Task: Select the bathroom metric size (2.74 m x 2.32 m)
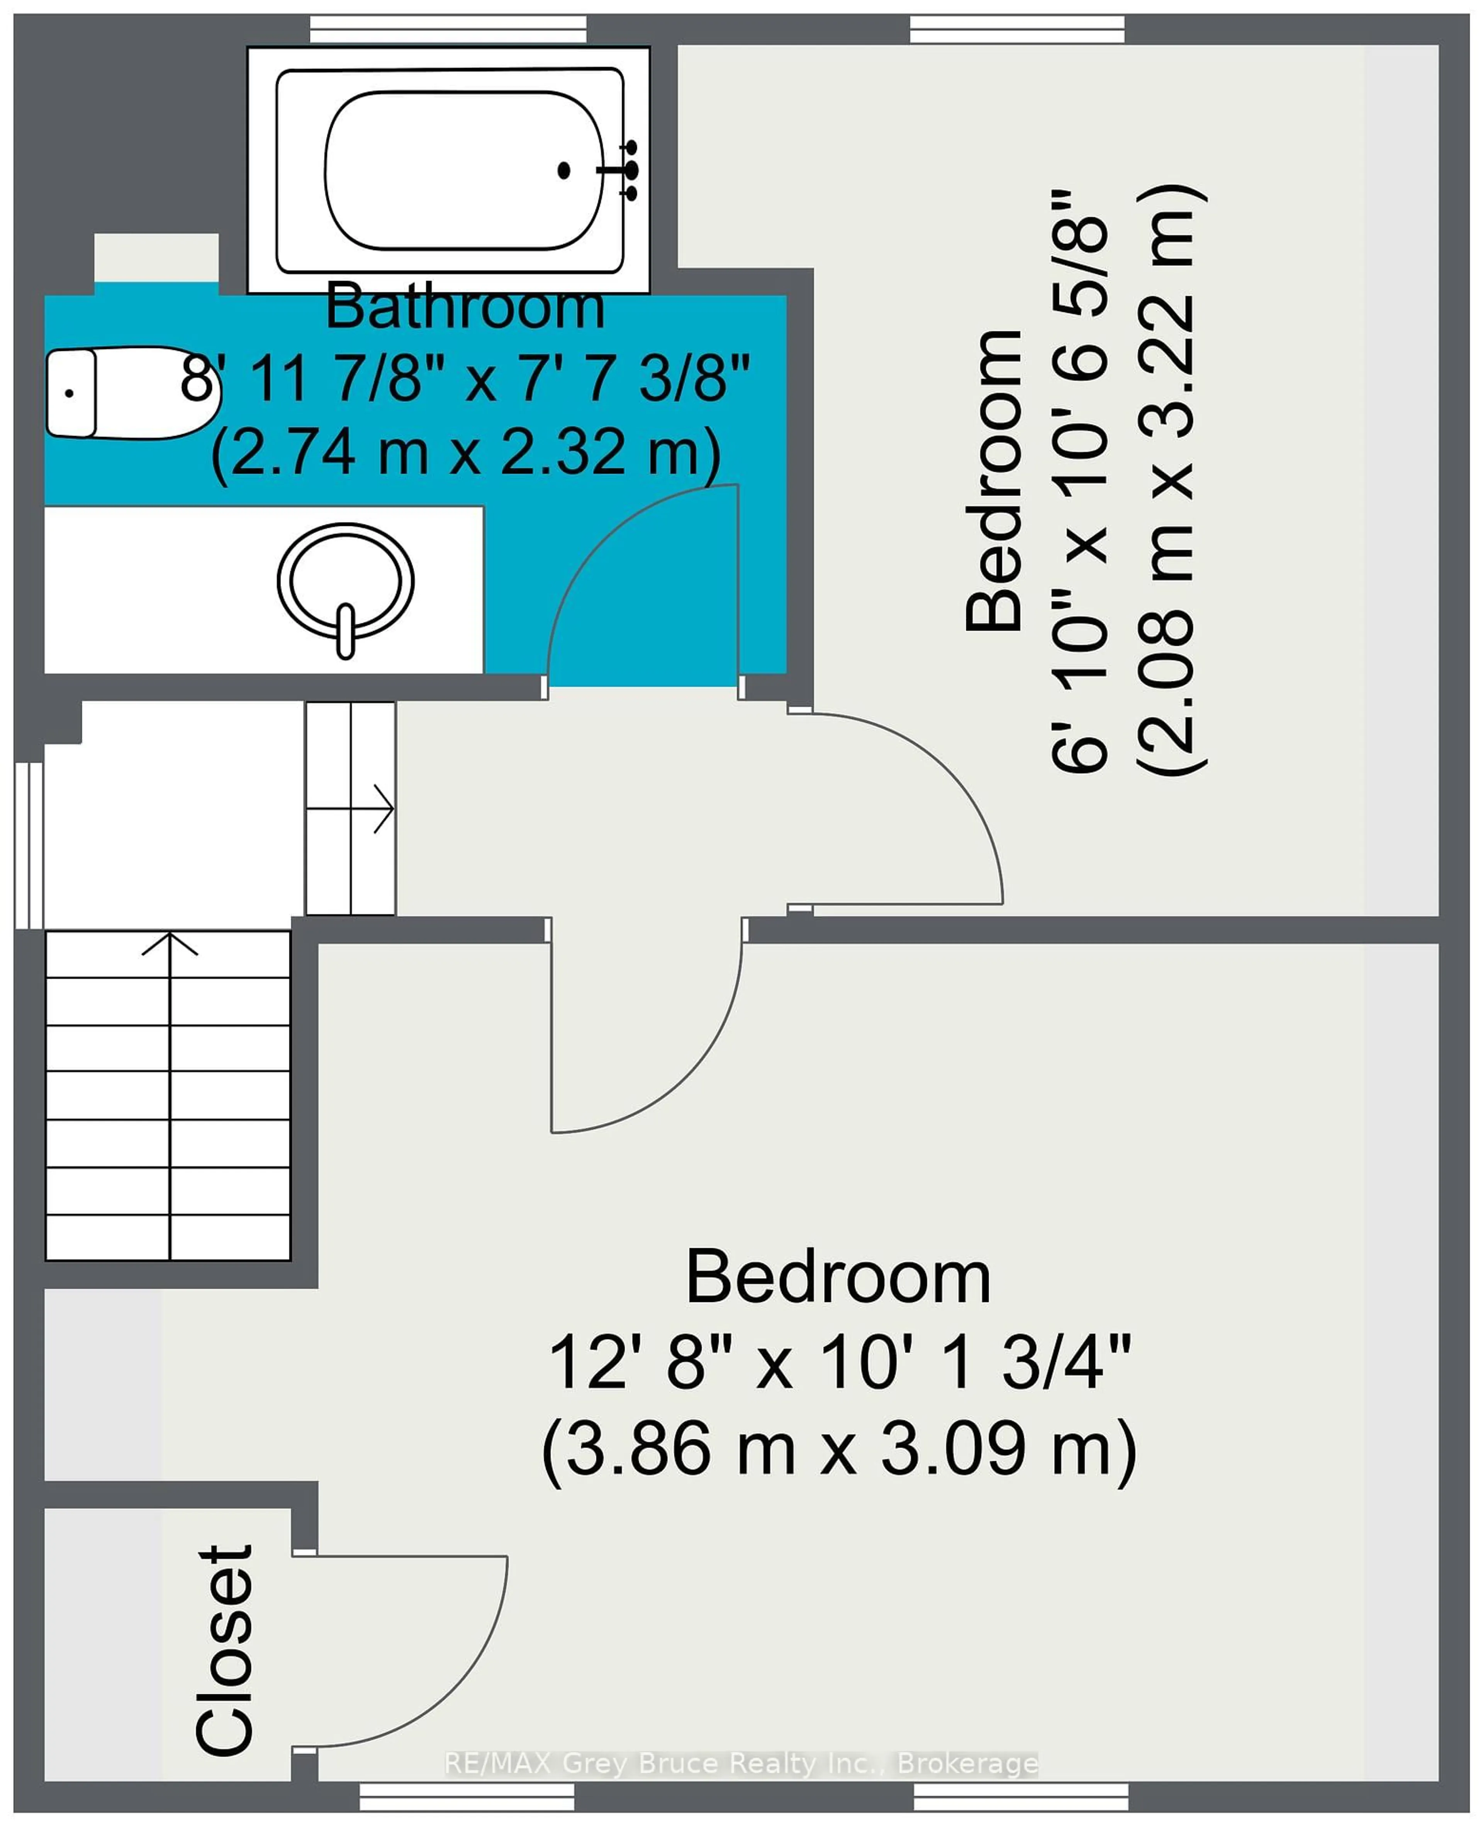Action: [466, 453]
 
